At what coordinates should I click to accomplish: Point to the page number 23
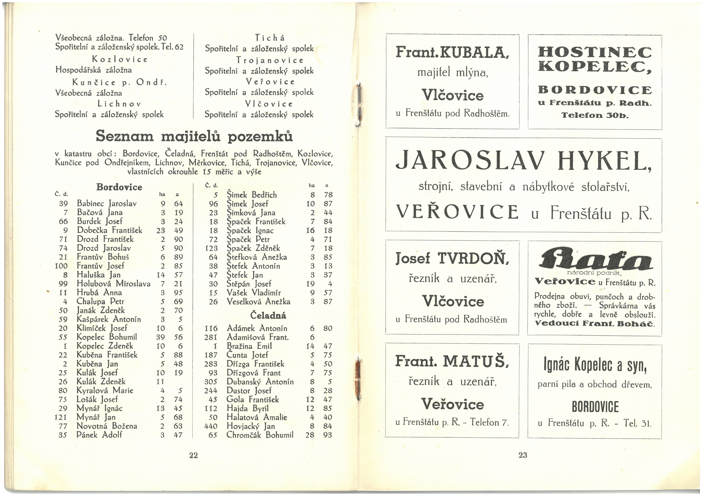523,455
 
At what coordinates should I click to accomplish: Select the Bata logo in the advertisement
595,259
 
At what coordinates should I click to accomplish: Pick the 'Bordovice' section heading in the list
119,187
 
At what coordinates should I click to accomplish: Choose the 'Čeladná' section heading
268,315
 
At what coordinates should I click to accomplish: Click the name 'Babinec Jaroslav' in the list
106,203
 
